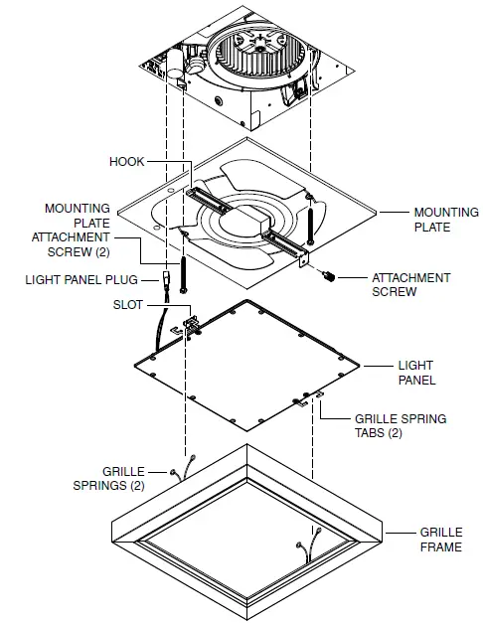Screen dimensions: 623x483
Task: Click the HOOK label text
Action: tap(126, 160)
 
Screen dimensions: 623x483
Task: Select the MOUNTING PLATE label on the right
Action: tap(445, 220)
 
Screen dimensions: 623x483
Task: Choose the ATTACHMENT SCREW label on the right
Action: tap(410, 285)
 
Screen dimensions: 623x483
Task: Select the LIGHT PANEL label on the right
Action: tap(416, 373)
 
